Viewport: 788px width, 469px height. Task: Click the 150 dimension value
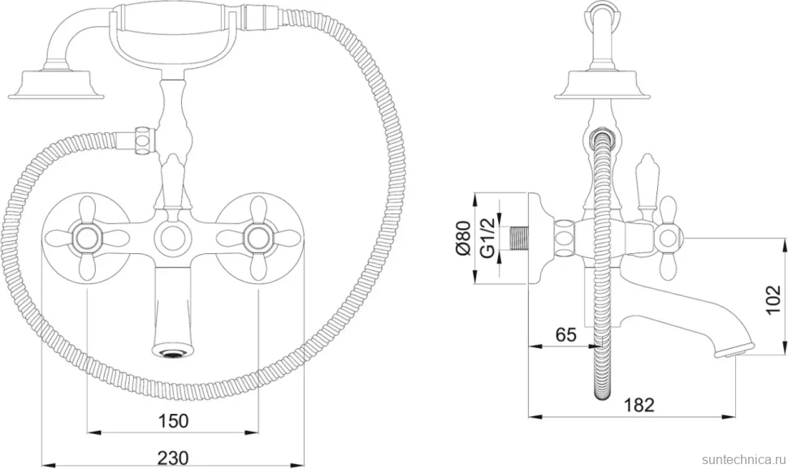click(x=173, y=421)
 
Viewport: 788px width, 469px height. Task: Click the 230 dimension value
click(x=173, y=458)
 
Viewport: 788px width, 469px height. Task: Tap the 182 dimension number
click(x=639, y=405)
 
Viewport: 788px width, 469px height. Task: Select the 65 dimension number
click(x=566, y=334)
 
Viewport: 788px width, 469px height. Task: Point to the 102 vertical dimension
click(x=774, y=299)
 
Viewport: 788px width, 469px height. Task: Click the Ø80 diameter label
click(x=464, y=238)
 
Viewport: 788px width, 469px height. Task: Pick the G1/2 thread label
click(x=487, y=238)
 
